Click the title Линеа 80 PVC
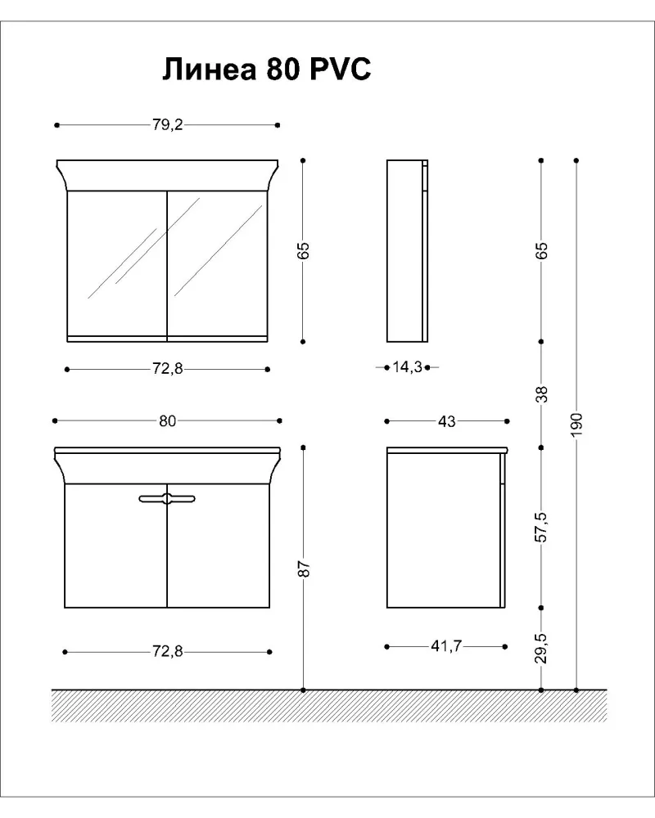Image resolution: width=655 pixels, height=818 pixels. (x=266, y=69)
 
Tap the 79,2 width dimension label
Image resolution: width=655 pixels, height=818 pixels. (x=168, y=125)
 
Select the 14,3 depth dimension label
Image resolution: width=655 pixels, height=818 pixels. (x=408, y=367)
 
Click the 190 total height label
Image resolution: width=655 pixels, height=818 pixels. (x=576, y=425)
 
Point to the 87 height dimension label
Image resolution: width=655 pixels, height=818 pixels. (x=305, y=569)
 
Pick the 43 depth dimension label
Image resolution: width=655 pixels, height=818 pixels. (x=446, y=421)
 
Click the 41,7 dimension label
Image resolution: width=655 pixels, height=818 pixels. (x=446, y=646)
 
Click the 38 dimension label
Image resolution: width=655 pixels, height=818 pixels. (x=542, y=394)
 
